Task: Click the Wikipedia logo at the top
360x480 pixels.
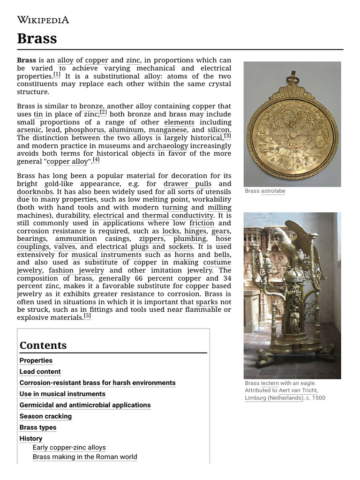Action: (x=43, y=19)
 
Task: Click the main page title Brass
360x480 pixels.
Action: (x=37, y=38)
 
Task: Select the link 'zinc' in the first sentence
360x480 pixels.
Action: (x=133, y=60)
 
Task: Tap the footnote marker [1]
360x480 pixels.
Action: (x=57, y=75)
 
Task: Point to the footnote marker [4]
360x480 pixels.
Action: (x=96, y=159)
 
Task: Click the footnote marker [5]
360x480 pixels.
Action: (x=88, y=316)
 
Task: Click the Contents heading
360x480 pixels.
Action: (x=43, y=345)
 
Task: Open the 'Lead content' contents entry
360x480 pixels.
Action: (x=40, y=372)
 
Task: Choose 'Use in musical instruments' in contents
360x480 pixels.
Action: (x=62, y=394)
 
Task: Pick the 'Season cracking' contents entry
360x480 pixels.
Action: (x=45, y=416)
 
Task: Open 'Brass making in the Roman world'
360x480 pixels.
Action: (x=85, y=457)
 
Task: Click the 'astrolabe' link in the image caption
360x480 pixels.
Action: (x=273, y=191)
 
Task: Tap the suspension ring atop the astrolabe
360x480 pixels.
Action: (x=293, y=75)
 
